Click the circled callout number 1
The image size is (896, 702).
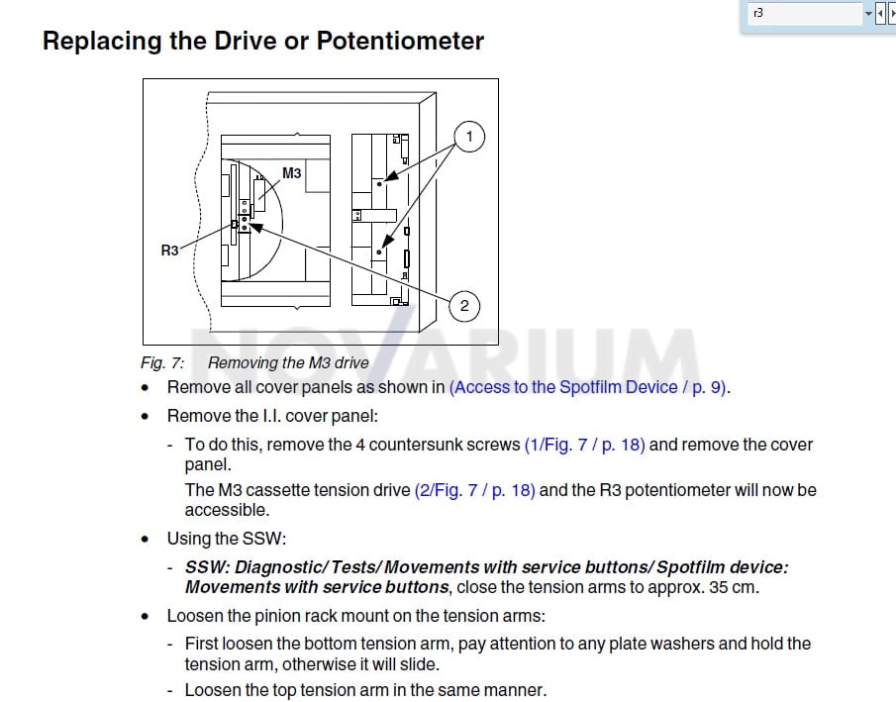click(x=469, y=137)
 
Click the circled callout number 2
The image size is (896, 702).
click(x=464, y=306)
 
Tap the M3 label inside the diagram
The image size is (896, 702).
click(x=291, y=172)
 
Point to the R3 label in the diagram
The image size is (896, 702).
click(x=169, y=251)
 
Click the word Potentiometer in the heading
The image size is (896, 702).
click(x=400, y=41)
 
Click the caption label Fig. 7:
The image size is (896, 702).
click(x=162, y=363)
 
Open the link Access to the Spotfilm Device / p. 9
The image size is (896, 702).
click(x=588, y=387)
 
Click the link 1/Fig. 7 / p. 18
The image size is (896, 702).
click(x=584, y=445)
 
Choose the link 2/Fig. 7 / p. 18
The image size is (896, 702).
click(x=475, y=490)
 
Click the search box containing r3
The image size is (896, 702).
click(x=805, y=13)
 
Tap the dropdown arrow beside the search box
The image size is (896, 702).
click(x=868, y=13)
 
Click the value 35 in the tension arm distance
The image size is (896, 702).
click(x=719, y=588)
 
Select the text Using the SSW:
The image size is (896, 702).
click(x=227, y=539)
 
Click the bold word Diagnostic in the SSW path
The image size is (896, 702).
click(x=280, y=567)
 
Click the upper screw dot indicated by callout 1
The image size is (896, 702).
click(x=379, y=184)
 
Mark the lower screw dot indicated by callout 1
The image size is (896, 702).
click(x=379, y=252)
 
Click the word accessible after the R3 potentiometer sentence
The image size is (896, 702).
click(x=227, y=510)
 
